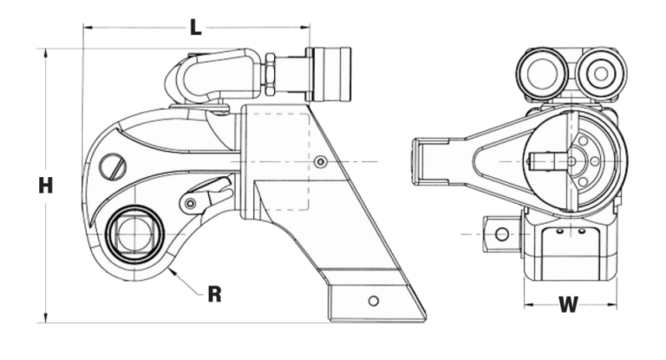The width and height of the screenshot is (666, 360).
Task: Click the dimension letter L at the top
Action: [196, 27]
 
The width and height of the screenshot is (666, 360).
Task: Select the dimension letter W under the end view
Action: [568, 304]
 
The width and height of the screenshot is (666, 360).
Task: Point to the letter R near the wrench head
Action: [214, 294]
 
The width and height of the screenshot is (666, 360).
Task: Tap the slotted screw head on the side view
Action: [113, 166]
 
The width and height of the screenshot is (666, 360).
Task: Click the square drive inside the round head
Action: [134, 233]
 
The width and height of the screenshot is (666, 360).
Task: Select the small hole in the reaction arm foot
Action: [373, 301]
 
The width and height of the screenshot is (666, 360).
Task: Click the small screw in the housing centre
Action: [322, 162]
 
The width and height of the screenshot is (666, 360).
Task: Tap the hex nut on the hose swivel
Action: [270, 75]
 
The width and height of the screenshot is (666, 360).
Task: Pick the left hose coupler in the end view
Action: [544, 74]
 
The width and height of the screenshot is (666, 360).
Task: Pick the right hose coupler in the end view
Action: [599, 74]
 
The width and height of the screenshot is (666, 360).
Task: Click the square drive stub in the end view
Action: [500, 232]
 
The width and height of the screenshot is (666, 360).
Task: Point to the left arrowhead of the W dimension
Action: [527, 305]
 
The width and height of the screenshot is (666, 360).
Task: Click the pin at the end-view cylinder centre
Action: [572, 160]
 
